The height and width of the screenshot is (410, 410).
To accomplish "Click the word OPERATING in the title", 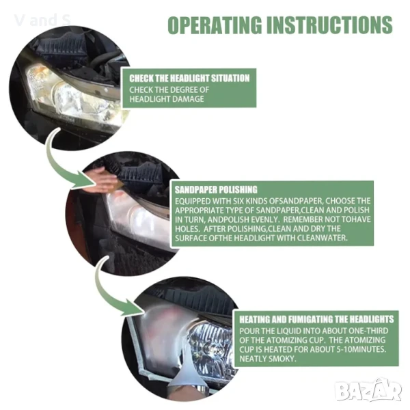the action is coord(215,25).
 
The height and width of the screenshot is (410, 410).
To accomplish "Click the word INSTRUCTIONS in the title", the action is coord(329,25).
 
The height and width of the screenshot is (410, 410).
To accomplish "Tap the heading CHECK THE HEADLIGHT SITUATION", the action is coord(189,78).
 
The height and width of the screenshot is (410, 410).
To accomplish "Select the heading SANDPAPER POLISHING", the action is coord(216,189).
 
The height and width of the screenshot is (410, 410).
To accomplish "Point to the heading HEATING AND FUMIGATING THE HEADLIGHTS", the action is coord(316,319).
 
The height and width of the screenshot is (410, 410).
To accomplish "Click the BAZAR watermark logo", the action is coord(368,391).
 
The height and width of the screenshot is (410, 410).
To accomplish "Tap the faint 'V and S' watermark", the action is coord(42,20).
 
